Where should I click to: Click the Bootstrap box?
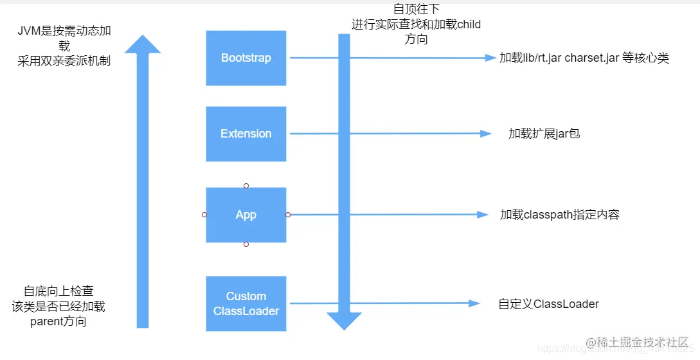pos(246,58)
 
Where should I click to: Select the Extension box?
pos(246,134)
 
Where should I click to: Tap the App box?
pos(246,215)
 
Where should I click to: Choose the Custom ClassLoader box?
pos(246,303)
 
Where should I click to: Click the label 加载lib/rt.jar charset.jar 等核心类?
pos(584,58)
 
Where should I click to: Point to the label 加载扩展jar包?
pos(544,134)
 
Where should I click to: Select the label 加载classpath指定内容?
pos(559,215)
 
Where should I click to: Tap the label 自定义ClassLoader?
pos(548,303)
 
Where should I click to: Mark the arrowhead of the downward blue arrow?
pos(345,320)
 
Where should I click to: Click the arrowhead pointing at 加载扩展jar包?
pos(486,134)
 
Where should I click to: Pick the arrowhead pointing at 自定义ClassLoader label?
pos(475,303)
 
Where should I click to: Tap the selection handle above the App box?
pos(246,186)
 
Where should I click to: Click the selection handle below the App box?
pos(246,244)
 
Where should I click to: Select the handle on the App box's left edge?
pos(204,215)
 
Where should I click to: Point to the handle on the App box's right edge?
pos(288,215)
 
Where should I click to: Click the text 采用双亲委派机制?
pos(64,62)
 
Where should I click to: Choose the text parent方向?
pos(58,321)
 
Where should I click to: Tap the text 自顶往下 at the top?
pos(416,10)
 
